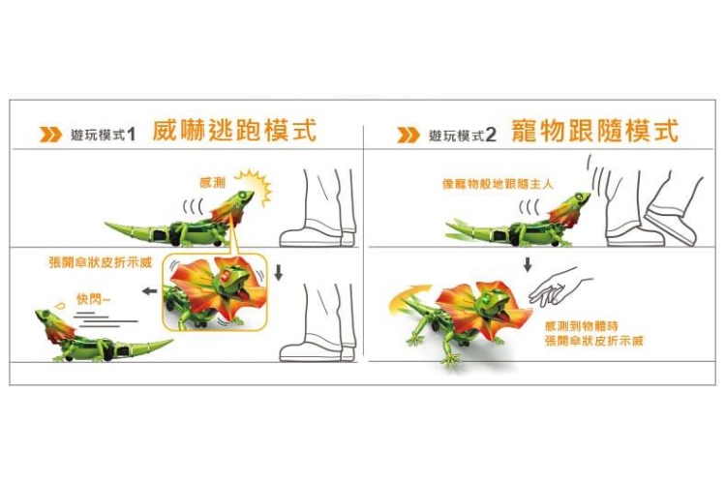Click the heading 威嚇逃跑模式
point(234,130)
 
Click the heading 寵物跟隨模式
point(595,130)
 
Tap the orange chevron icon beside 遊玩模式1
point(50,135)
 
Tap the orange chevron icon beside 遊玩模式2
point(408,136)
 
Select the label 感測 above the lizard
point(213,183)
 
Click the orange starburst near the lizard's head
point(256,185)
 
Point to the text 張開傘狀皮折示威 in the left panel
point(101,263)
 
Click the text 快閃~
point(94,300)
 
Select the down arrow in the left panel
point(278,273)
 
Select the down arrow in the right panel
point(528,265)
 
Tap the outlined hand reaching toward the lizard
point(559,287)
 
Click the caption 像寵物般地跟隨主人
point(498,184)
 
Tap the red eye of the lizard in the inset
point(226,277)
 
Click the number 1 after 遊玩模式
point(131,135)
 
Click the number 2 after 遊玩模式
point(491,136)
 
